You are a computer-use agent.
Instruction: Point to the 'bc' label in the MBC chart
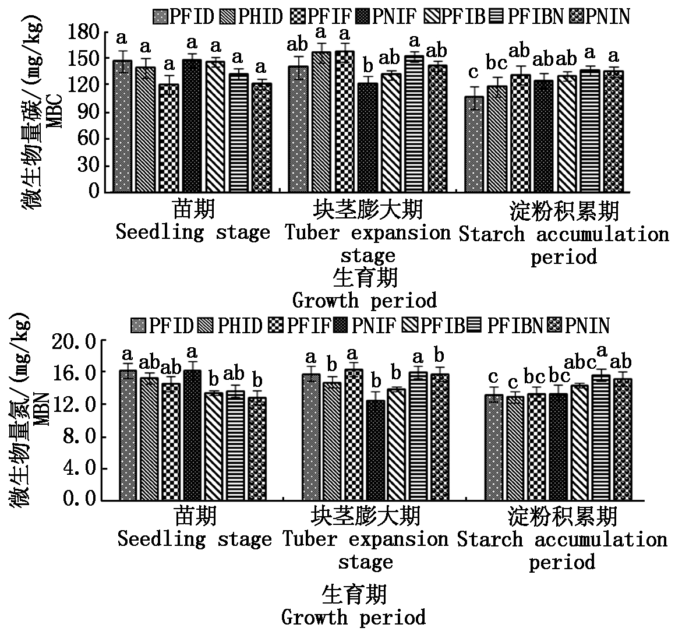pyautogui.click(x=497, y=62)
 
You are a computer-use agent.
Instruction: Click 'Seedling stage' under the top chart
pyautogui.click(x=193, y=232)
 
